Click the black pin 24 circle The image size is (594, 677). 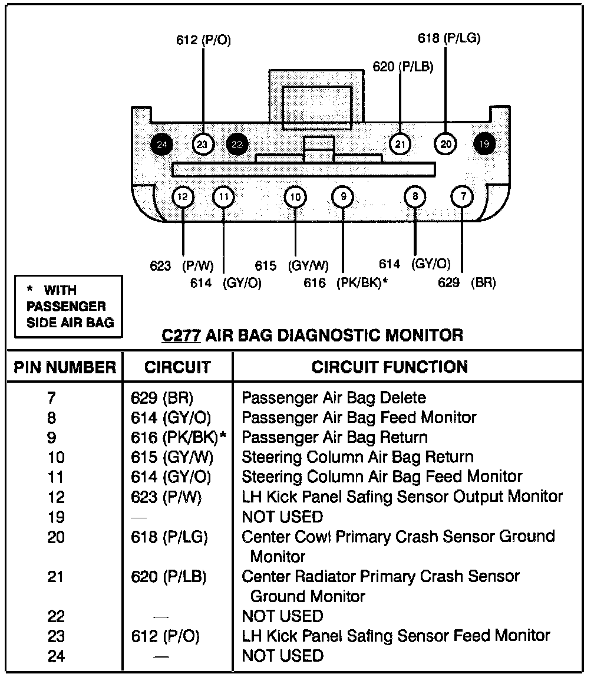click(x=162, y=144)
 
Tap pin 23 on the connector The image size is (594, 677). click(x=203, y=144)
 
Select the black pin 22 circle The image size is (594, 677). click(x=237, y=144)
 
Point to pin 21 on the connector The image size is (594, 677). click(x=401, y=143)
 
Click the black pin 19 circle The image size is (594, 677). click(x=484, y=143)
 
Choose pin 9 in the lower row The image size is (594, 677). click(x=343, y=197)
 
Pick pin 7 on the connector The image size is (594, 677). click(x=463, y=196)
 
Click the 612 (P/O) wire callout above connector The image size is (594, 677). click(x=203, y=41)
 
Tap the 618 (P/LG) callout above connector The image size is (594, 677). click(x=449, y=39)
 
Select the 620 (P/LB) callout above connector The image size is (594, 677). click(x=403, y=67)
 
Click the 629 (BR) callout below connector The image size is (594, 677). click(x=467, y=283)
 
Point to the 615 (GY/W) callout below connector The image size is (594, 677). click(x=292, y=266)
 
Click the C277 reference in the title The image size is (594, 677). click(x=182, y=336)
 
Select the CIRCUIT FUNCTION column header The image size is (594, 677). click(x=390, y=367)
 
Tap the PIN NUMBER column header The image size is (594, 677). click(x=65, y=367)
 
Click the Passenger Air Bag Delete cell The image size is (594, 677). click(x=334, y=398)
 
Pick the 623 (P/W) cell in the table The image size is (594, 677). click(x=166, y=497)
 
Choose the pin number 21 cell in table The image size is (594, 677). click(x=57, y=576)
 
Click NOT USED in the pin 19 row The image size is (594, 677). click(x=282, y=517)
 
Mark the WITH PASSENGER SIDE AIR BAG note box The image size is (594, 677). click(x=68, y=306)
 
